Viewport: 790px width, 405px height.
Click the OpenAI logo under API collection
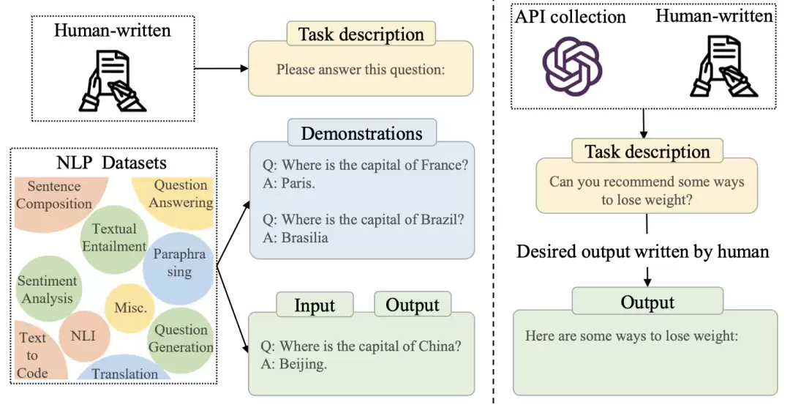click(x=572, y=66)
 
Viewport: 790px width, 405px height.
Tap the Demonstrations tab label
click(x=362, y=133)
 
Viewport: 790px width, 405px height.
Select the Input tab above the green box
click(x=315, y=305)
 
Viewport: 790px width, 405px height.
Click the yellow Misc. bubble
click(x=130, y=308)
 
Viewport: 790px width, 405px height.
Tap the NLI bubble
click(x=83, y=336)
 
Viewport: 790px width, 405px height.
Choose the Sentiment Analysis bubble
click(x=48, y=289)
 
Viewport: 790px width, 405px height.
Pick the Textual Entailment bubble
click(x=115, y=237)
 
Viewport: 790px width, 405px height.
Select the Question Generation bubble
click(x=181, y=339)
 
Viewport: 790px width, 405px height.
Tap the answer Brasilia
click(x=305, y=237)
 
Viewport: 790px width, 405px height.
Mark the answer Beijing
click(x=303, y=364)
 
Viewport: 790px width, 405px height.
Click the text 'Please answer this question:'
click(x=361, y=69)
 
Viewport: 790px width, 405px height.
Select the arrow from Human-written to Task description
click(x=221, y=69)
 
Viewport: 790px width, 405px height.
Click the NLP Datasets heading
click(x=111, y=163)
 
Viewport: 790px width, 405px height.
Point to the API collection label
click(x=570, y=17)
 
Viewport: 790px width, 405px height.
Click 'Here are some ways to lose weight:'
click(x=632, y=336)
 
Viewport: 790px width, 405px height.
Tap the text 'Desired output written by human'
click(x=643, y=251)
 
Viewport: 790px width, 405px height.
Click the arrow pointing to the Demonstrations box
click(x=233, y=234)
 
